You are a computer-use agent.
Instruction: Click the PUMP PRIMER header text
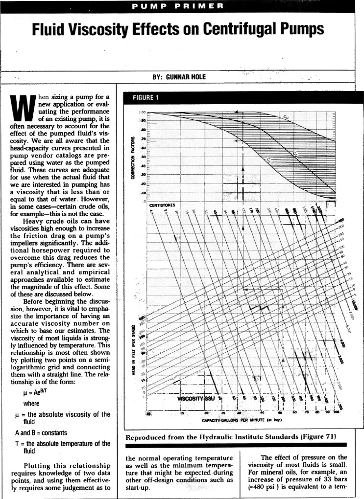click(x=182, y=6)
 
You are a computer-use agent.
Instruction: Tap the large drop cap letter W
click(x=20, y=108)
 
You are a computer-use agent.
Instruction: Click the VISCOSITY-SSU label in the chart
click(x=194, y=399)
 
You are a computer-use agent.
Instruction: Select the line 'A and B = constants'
click(x=40, y=433)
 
